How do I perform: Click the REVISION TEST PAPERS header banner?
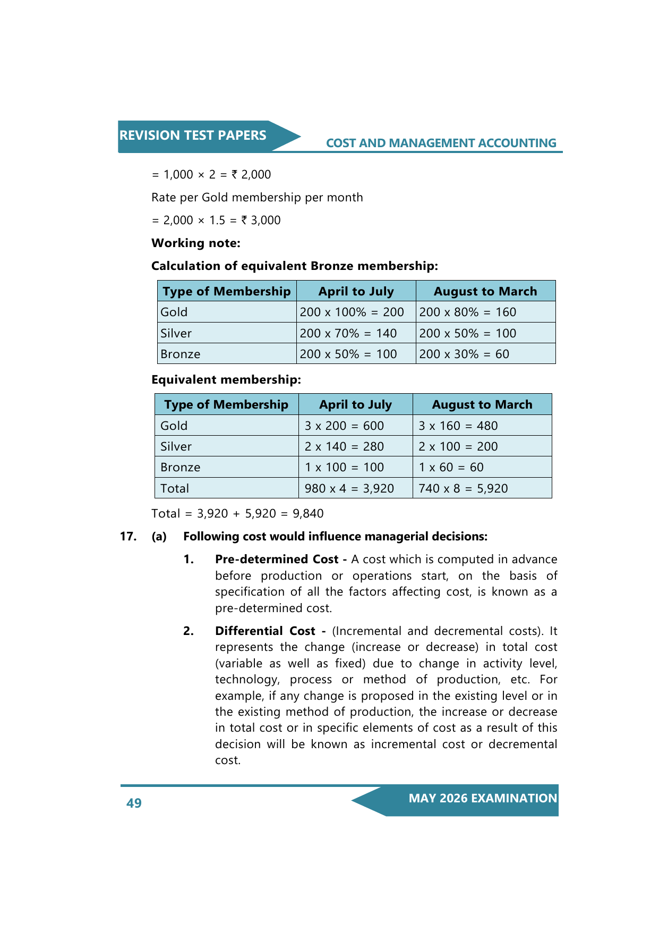[193, 135]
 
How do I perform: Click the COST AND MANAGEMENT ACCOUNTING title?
[441, 143]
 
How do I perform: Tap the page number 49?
[134, 803]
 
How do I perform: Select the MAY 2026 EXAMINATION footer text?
[483, 798]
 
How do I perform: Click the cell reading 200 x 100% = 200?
[352, 312]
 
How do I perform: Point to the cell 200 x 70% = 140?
[348, 333]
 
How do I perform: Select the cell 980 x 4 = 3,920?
[349, 488]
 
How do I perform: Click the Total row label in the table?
[175, 488]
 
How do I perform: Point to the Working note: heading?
[196, 243]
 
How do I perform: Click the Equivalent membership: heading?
[226, 380]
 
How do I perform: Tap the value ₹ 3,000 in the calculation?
[261, 221]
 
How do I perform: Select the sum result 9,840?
[308, 514]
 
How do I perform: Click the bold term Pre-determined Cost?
[277, 560]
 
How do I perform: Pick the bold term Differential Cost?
[265, 631]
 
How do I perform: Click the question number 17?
[128, 537]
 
